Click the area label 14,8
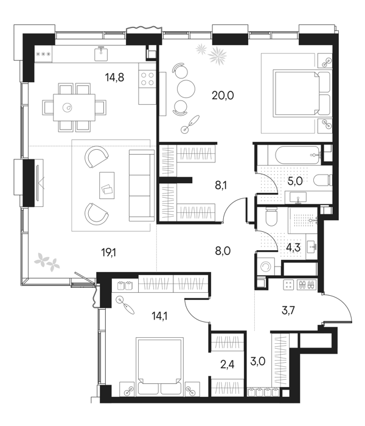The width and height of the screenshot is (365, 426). pyautogui.click(x=115, y=78)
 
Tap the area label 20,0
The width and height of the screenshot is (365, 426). pyautogui.click(x=223, y=96)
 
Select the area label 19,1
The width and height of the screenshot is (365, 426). pyautogui.click(x=109, y=253)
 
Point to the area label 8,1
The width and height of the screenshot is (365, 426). pyautogui.click(x=220, y=186)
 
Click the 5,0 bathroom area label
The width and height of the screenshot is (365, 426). pyautogui.click(x=295, y=181)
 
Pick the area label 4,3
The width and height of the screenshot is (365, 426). pyautogui.click(x=294, y=248)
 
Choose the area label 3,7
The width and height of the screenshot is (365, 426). pyautogui.click(x=288, y=310)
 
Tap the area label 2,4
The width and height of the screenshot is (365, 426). pyautogui.click(x=227, y=365)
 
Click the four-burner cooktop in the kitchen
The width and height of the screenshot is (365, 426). pyautogui.click(x=148, y=79)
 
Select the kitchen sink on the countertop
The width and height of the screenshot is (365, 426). pyautogui.click(x=102, y=54)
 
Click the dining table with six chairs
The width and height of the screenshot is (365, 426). pyautogui.click(x=74, y=107)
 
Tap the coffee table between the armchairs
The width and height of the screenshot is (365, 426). pyautogui.click(x=106, y=185)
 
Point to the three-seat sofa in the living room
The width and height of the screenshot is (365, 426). pyautogui.click(x=139, y=185)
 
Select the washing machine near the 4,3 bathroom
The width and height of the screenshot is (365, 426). pyautogui.click(x=265, y=267)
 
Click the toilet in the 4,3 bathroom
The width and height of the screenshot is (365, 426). pyautogui.click(x=272, y=218)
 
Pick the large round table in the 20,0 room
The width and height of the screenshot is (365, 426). pyautogui.click(x=186, y=88)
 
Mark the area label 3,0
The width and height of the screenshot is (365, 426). pyautogui.click(x=257, y=362)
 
